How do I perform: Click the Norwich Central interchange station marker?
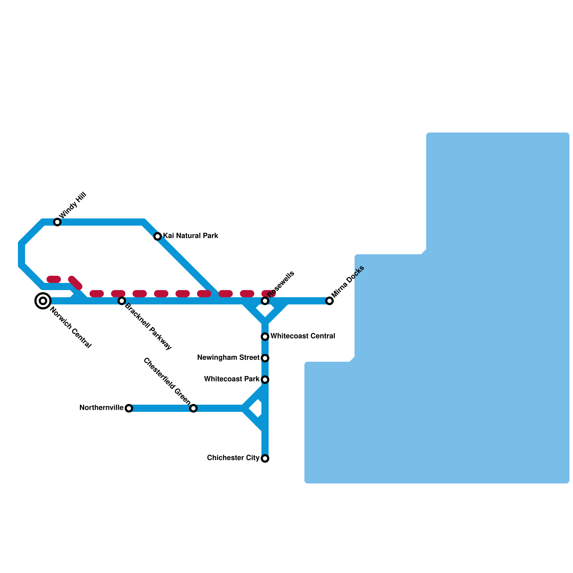43,300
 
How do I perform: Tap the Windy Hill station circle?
57,222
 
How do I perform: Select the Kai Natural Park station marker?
158,236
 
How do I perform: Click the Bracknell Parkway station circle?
122,300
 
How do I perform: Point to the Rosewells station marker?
265,301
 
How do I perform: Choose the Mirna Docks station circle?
329,301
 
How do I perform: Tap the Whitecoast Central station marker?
265,336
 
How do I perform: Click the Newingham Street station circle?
265,358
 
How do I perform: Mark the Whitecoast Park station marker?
265,379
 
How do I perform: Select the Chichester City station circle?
265,458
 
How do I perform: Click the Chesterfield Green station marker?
193,408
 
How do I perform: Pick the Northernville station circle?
129,408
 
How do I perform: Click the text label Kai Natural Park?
191,236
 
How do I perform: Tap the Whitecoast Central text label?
303,336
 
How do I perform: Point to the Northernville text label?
101,408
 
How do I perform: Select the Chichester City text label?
233,458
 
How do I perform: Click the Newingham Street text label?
228,357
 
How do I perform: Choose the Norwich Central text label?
71,327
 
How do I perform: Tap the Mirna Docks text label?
348,281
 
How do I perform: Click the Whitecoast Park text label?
232,379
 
